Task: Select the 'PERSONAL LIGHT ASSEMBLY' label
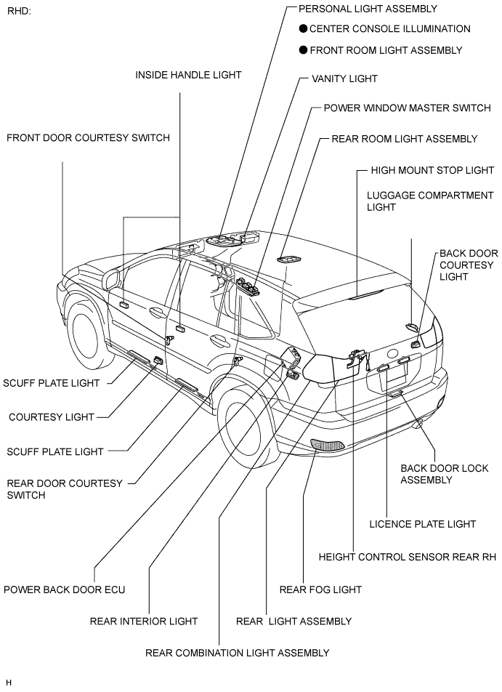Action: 368,9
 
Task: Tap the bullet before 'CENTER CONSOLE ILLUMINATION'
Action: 303,28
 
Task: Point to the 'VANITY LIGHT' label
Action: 344,79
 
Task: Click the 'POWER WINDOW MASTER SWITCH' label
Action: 407,108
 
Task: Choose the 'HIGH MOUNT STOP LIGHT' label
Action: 432,170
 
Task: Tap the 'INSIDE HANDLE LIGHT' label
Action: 188,75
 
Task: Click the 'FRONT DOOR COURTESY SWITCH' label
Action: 88,137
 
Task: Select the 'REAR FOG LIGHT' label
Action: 320,590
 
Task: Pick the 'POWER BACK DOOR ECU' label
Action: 65,590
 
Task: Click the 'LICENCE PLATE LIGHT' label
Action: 423,524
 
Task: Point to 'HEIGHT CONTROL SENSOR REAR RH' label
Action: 408,557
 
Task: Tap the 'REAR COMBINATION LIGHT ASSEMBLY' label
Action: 238,653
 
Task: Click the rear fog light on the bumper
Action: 328,445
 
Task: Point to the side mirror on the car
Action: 113,280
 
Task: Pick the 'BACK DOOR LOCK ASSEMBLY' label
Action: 444,474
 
